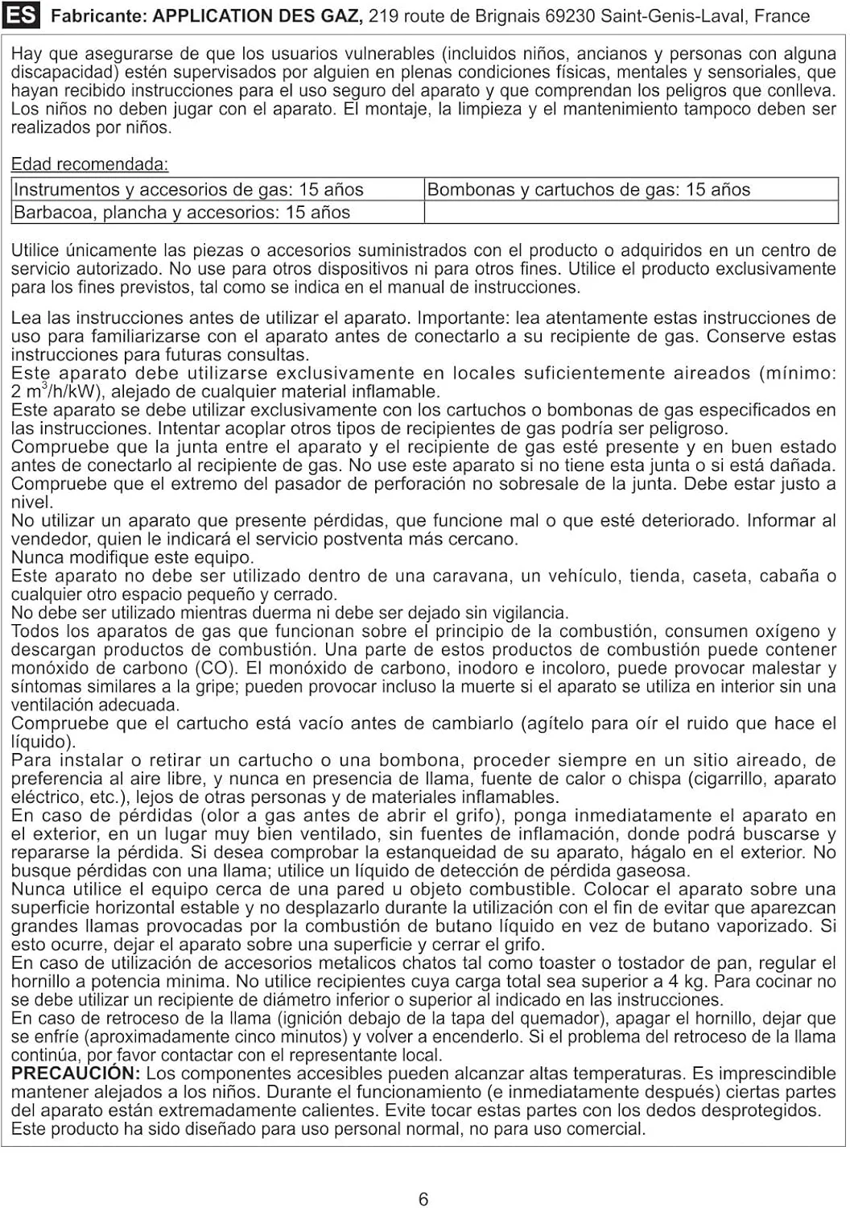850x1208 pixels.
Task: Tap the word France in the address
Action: [x=782, y=16]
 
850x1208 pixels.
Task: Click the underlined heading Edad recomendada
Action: [x=89, y=164]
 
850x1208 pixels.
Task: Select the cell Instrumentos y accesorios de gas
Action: [x=189, y=190]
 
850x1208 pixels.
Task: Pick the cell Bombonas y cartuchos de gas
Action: [x=588, y=190]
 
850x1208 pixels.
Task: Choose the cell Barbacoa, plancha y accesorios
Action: [x=182, y=213]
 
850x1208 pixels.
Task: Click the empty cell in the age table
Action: [x=630, y=213]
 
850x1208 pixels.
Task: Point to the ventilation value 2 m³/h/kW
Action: [x=54, y=392]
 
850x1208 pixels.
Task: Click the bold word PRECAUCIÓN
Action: [x=76, y=1074]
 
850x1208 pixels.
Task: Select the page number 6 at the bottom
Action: [x=424, y=1199]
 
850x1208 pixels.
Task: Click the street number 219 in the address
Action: [x=383, y=16]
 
